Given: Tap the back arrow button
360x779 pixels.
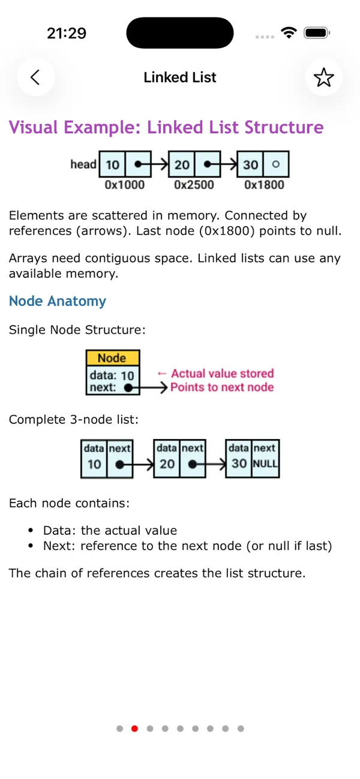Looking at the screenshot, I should (x=35, y=77).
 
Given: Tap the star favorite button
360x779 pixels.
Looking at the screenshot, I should (x=323, y=77).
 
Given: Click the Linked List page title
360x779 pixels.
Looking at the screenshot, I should (x=180, y=77).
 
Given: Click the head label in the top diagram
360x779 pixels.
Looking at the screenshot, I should (x=83, y=164).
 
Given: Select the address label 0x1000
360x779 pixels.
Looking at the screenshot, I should (x=125, y=185).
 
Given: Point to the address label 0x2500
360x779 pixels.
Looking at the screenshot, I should (x=194, y=185).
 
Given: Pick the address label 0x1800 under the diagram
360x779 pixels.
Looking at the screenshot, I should (x=264, y=185).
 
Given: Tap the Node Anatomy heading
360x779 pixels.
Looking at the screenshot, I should (x=58, y=301).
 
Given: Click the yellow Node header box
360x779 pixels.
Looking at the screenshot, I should (x=112, y=358).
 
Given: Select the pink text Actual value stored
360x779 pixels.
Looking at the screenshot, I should (x=222, y=374).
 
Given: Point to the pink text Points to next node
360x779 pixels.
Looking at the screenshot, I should (x=222, y=387).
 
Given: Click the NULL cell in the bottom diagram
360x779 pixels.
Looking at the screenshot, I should (x=265, y=464).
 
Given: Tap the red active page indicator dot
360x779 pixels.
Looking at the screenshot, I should (x=134, y=729).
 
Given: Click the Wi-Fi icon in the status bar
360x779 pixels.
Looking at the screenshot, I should (x=289, y=33).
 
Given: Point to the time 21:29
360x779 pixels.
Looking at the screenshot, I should (x=67, y=33).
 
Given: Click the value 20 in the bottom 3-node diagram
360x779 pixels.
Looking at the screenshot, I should (x=167, y=464).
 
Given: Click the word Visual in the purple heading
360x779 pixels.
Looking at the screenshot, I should (x=34, y=128).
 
